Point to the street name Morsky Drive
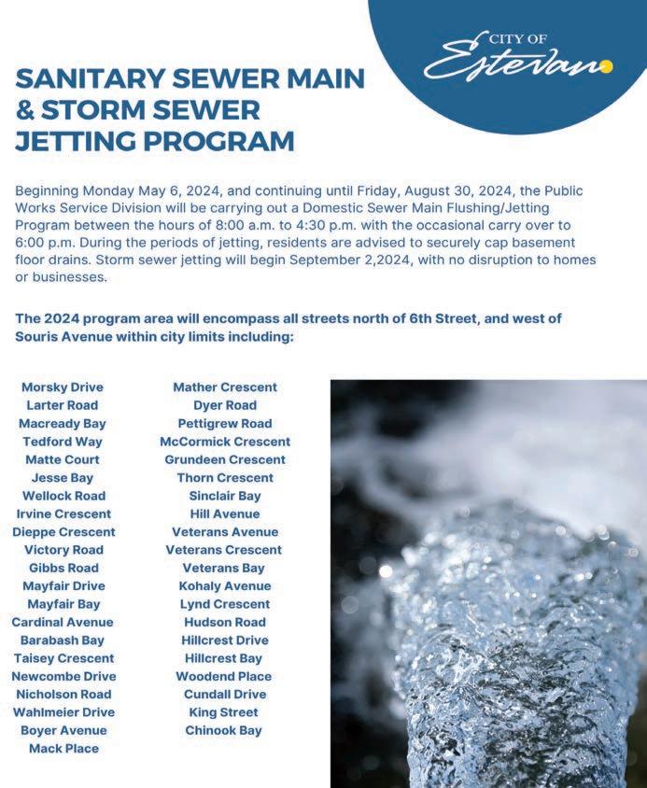pos(63,387)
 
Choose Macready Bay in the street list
pos(63,423)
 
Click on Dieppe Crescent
pos(63,531)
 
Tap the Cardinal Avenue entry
pos(63,622)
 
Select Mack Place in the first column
pos(63,748)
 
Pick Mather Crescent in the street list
pos(225,387)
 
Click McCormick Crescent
pos(225,441)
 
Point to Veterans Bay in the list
pos(224,568)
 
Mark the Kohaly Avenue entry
pos(225,585)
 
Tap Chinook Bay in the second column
pos(224,730)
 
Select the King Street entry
pos(224,712)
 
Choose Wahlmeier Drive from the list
pos(63,712)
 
